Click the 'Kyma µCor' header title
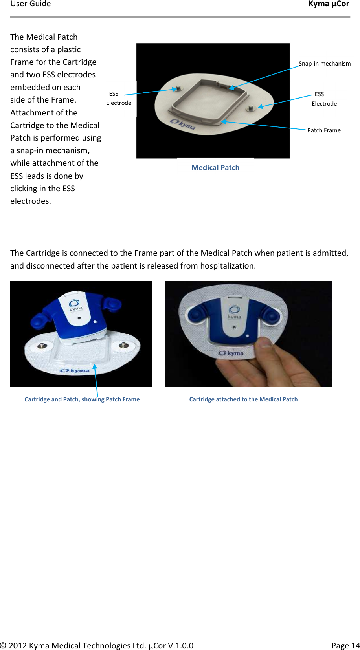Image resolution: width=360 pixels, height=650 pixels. click(329, 4)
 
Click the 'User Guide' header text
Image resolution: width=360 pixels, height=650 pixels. click(31, 4)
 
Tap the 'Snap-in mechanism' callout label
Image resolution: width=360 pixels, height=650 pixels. click(324, 64)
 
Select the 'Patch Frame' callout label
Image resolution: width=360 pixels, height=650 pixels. click(324, 130)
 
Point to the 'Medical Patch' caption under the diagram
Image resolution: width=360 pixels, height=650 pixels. click(215, 168)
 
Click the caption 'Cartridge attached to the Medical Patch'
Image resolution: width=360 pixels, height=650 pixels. click(243, 399)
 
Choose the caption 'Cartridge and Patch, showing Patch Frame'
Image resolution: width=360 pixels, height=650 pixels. click(82, 399)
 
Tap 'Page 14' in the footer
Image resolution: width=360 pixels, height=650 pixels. click(345, 646)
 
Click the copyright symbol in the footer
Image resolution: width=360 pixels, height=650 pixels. click(3, 646)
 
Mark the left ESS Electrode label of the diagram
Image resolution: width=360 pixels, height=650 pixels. click(118, 98)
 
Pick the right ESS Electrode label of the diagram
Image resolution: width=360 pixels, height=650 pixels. click(324, 99)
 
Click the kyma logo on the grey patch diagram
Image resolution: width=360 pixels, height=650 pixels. click(183, 124)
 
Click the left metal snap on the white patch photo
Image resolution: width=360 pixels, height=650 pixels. click(41, 346)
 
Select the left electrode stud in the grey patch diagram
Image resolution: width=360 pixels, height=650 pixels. click(178, 88)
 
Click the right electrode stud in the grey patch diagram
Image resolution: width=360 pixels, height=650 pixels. click(250, 107)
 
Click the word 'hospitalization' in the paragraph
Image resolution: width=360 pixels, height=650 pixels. click(227, 266)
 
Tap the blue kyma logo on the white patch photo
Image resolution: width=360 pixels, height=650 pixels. click(75, 370)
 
